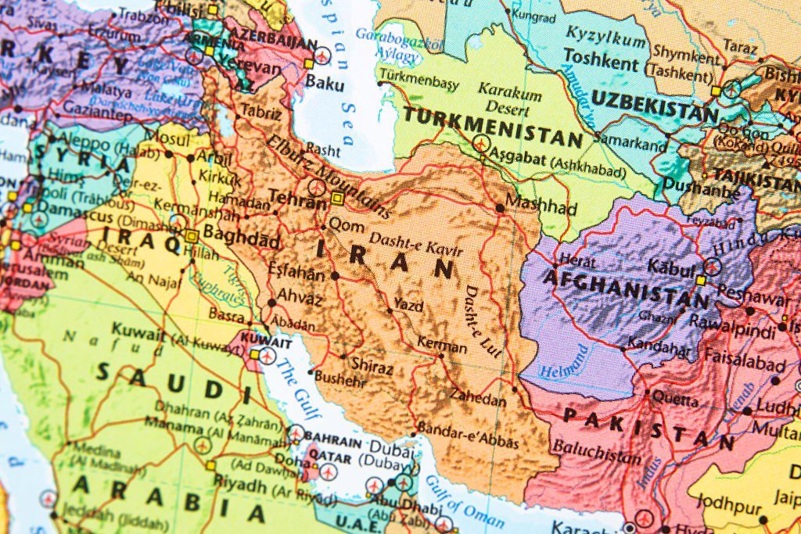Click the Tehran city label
296,197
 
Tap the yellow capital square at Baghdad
192,235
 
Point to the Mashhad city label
541,208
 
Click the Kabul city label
671,267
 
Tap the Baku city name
325,81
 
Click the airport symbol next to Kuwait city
268,357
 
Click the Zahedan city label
479,399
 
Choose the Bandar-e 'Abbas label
468,435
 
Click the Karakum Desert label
510,99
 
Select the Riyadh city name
240,479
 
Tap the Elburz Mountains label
329,176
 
